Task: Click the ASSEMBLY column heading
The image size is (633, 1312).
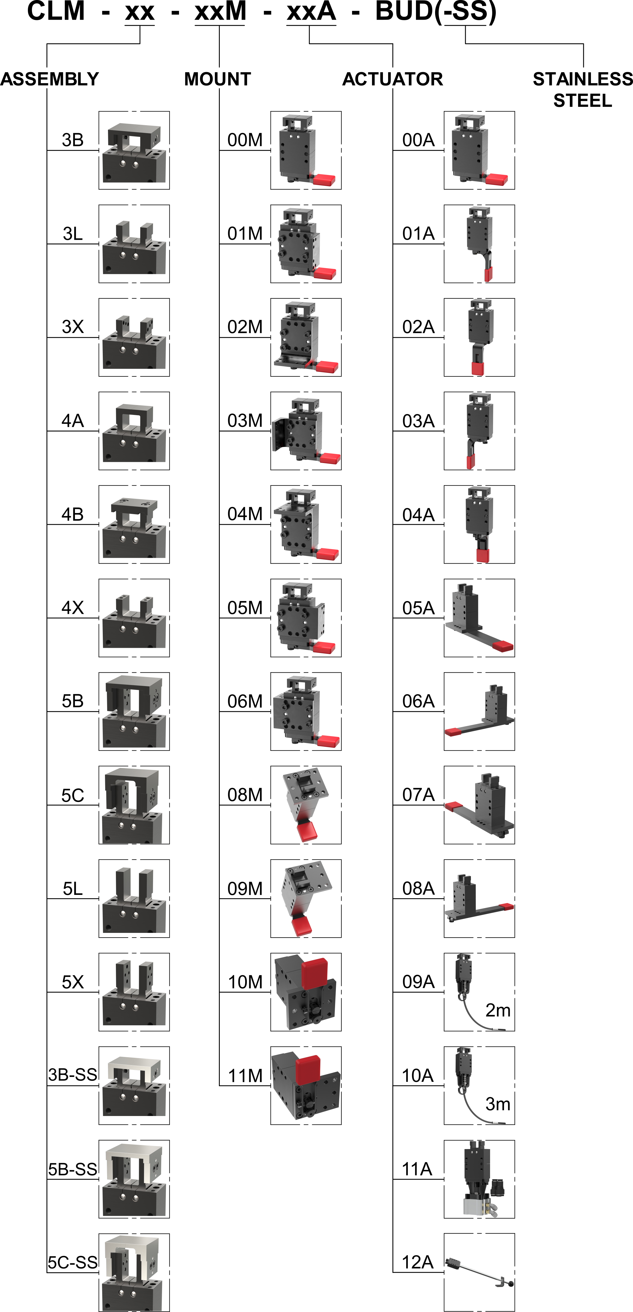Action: click(49, 79)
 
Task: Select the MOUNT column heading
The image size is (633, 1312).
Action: click(218, 79)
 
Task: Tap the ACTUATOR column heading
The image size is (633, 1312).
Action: click(393, 79)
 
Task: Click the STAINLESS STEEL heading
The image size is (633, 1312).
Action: click(583, 90)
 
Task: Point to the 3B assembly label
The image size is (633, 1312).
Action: click(73, 140)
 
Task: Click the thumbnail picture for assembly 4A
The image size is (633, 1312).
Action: click(134, 431)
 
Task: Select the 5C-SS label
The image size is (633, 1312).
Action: click(73, 1262)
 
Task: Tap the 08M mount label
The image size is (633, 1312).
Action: click(245, 795)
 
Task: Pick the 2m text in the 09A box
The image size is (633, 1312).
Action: click(497, 1010)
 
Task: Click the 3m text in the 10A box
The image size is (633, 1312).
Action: click(497, 1104)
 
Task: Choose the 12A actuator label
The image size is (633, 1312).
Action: click(418, 1262)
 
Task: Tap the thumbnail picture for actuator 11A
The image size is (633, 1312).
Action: click(479, 1179)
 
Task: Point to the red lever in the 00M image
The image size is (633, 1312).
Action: click(324, 179)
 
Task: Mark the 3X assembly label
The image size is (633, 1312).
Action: click(73, 326)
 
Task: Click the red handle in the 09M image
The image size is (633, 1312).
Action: click(302, 926)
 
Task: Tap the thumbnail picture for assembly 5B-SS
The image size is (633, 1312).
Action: click(134, 1179)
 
